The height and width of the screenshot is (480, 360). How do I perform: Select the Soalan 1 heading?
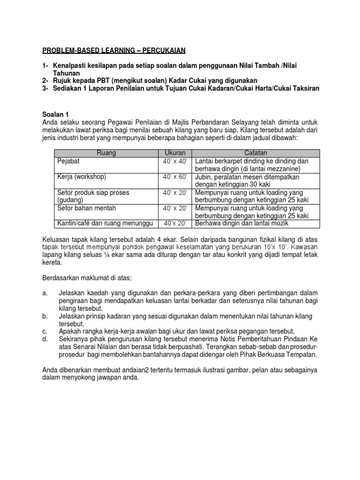tap(55, 113)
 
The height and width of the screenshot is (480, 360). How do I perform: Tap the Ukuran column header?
tap(175, 153)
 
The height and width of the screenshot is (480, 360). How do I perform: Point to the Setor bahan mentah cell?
tap(86, 208)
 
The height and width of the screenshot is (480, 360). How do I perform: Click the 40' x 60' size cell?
tap(175, 177)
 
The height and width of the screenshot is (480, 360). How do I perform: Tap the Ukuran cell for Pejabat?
tap(175, 161)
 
